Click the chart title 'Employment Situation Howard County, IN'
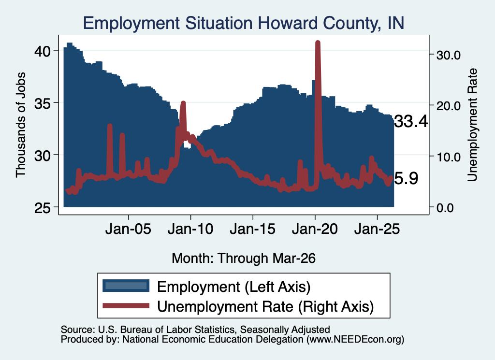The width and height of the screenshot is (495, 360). click(x=244, y=23)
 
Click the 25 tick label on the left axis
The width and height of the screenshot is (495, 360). click(x=43, y=208)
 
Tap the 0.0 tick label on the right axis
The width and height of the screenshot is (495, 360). click(x=445, y=208)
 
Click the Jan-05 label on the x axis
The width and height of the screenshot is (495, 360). click(x=128, y=229)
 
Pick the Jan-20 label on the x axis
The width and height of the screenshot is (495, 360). click(x=315, y=229)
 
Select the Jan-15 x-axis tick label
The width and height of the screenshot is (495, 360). click(x=252, y=229)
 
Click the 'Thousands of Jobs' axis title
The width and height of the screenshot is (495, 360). click(x=20, y=125)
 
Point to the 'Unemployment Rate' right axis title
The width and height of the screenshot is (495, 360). click(x=472, y=125)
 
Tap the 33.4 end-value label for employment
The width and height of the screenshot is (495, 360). click(x=411, y=121)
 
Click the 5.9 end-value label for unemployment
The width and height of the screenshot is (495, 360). click(x=406, y=178)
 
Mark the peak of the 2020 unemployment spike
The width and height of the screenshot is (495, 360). click(x=318, y=43)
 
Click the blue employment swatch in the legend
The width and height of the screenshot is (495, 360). click(x=126, y=286)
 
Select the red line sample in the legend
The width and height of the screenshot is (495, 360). click(x=126, y=305)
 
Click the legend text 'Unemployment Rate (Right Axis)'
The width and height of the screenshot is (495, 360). click(x=265, y=306)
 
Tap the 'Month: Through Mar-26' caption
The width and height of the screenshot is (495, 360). click(x=244, y=258)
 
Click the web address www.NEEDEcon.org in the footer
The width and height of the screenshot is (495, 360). click(x=355, y=339)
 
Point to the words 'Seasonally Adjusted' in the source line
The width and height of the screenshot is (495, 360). click(x=285, y=330)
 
